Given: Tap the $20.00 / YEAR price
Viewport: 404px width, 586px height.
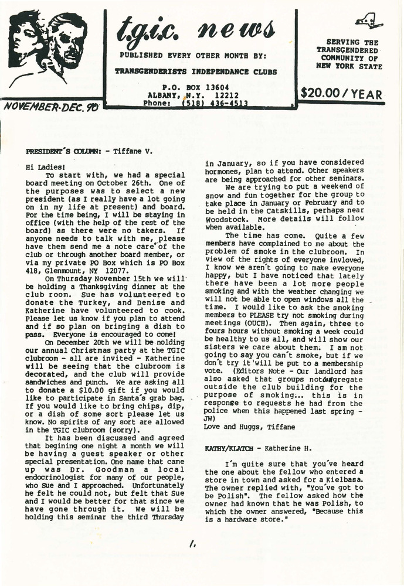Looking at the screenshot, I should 341,93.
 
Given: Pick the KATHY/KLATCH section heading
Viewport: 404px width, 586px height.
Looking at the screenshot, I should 230,448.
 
